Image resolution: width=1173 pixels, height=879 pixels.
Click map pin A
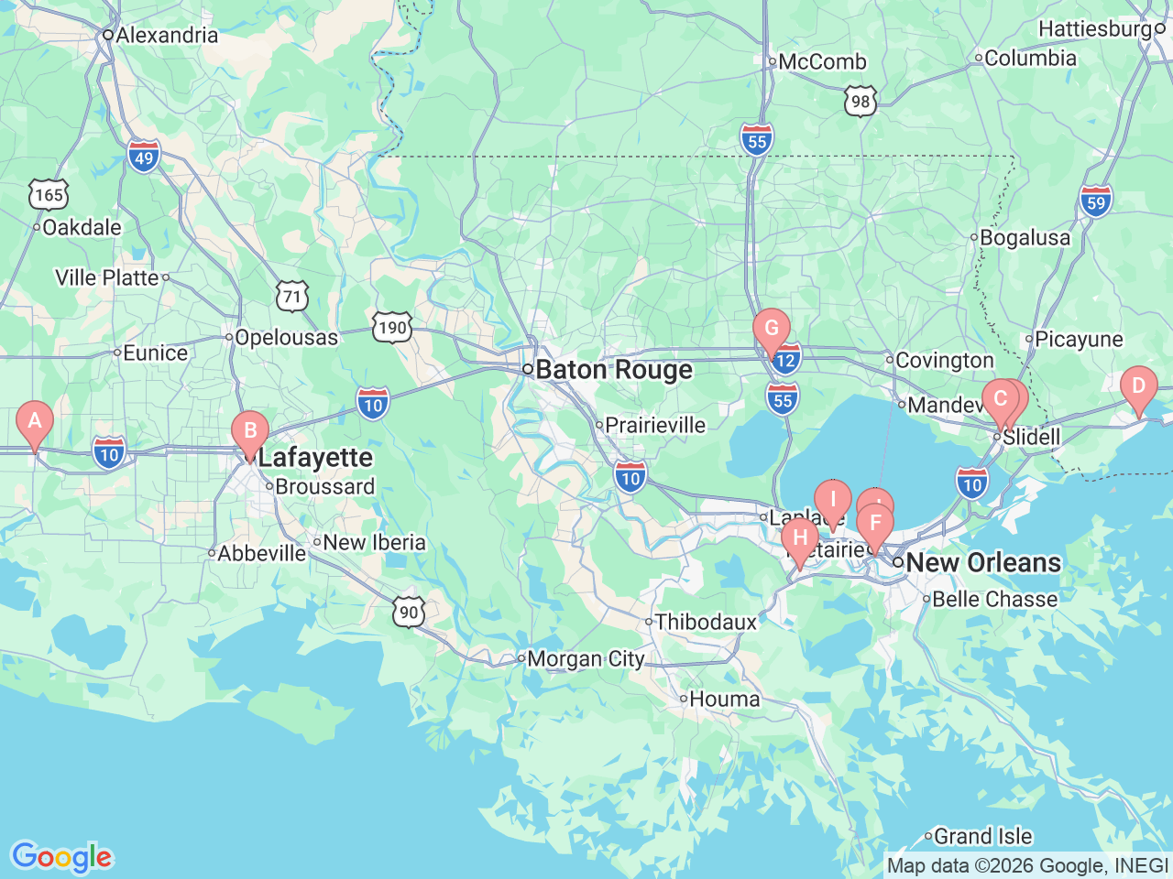(x=35, y=422)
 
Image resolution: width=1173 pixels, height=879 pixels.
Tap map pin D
(x=1138, y=386)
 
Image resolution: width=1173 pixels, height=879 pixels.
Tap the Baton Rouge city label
(x=614, y=370)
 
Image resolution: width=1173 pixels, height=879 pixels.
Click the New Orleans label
(x=982, y=562)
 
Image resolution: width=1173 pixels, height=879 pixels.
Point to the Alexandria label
(x=167, y=36)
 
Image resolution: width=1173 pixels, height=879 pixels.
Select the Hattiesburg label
(x=1095, y=29)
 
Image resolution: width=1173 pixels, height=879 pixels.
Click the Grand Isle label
(x=982, y=836)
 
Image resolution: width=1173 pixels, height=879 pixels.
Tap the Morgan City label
(x=586, y=658)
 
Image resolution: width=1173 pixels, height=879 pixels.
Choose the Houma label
(x=724, y=700)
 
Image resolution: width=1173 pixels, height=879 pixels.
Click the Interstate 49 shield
(x=144, y=157)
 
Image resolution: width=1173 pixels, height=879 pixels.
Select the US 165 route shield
(x=49, y=194)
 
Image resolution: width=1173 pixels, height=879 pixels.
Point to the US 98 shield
(x=861, y=101)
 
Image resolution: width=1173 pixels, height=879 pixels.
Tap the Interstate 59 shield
(x=1096, y=201)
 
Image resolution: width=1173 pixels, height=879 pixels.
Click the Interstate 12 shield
(x=787, y=360)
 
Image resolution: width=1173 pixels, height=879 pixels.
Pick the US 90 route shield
(x=409, y=613)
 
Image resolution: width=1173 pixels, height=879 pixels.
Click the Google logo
(x=61, y=857)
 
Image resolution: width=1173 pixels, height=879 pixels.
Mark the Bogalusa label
(x=1025, y=238)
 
